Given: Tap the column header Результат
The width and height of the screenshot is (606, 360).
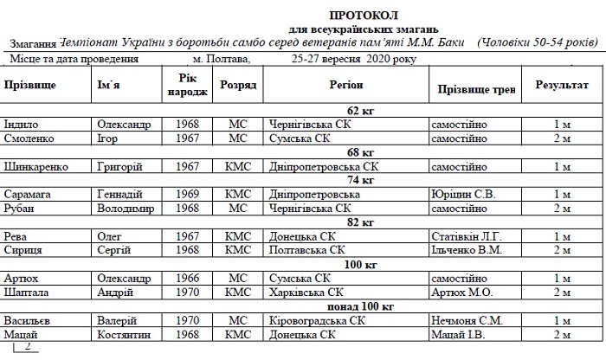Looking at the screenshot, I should click(x=563, y=87).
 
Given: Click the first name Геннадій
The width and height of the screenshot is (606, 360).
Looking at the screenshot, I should click(x=124, y=195).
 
